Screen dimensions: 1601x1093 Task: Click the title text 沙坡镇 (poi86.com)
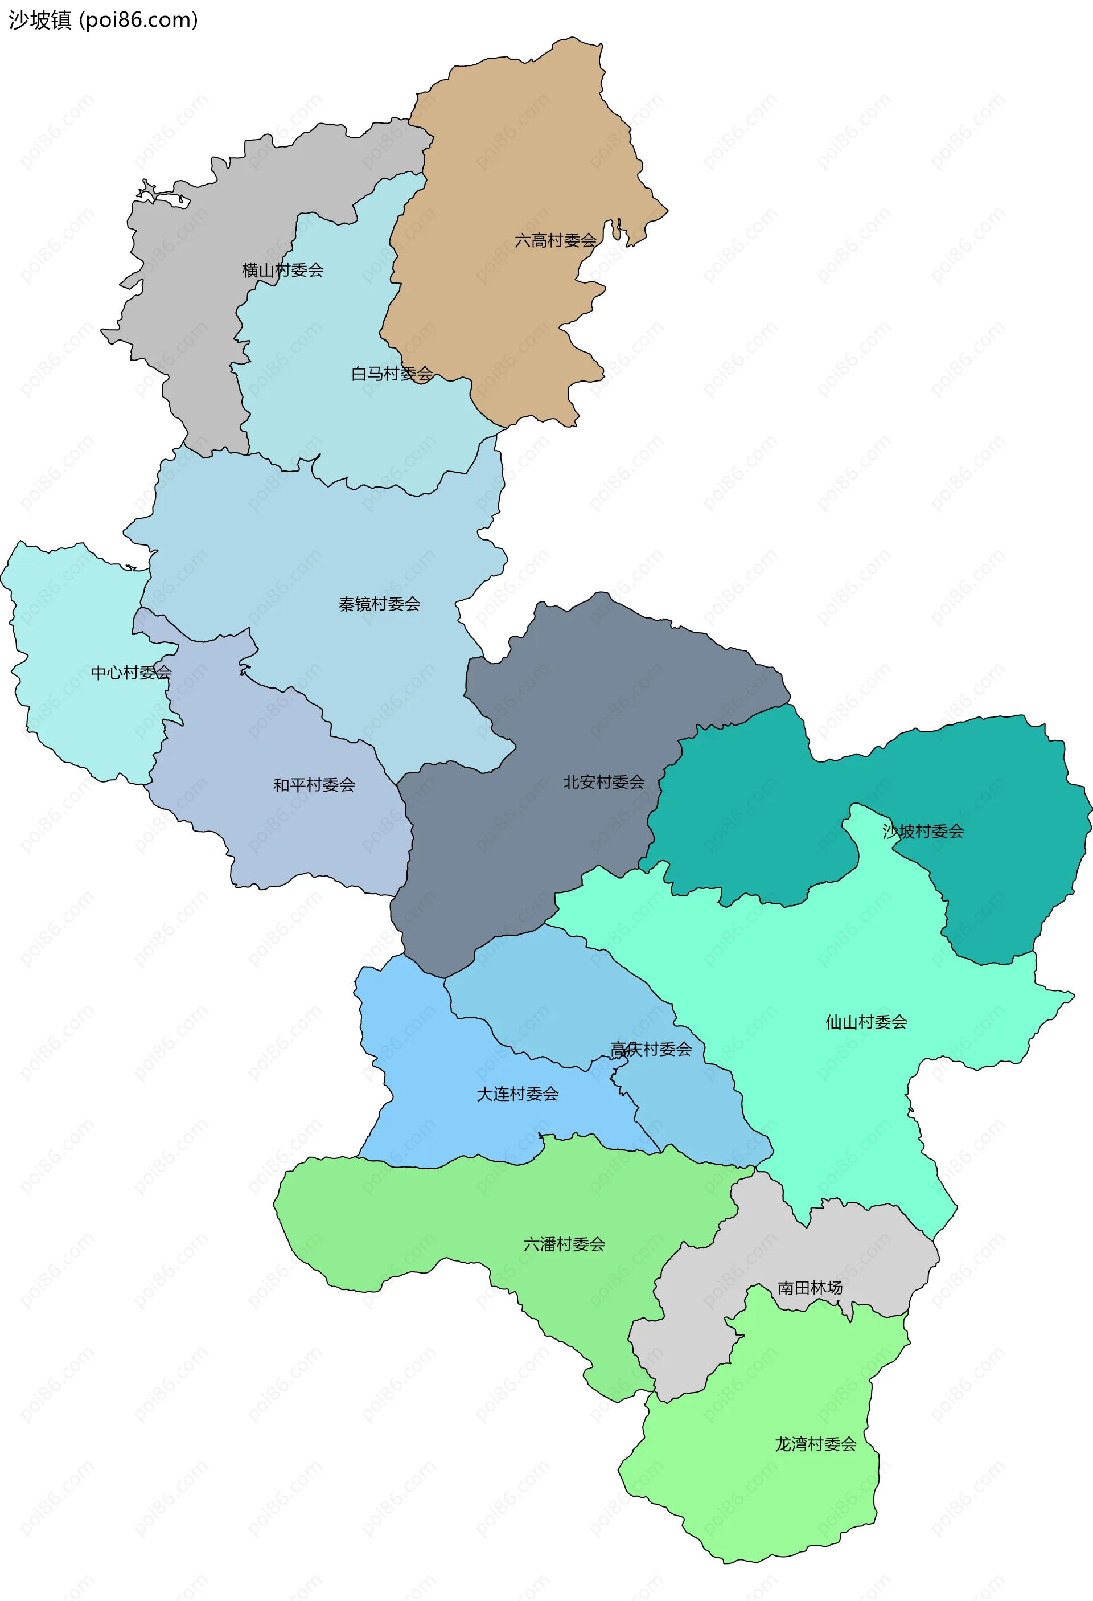[103, 20]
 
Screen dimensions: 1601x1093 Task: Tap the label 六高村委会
[555, 240]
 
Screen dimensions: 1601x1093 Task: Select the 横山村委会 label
[282, 270]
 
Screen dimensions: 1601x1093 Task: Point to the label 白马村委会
[391, 374]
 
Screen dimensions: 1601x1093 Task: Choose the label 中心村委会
[131, 673]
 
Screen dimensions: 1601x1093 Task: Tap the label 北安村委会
[603, 782]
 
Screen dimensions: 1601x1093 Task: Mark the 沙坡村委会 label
[923, 832]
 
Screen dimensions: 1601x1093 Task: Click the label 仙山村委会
[866, 1022]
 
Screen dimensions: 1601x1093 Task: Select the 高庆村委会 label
[650, 1049]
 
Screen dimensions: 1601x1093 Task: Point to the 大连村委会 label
[517, 1094]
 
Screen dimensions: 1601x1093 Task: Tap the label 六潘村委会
[564, 1244]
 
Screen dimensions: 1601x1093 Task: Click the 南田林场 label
[810, 1288]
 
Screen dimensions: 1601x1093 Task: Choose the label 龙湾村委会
[815, 1444]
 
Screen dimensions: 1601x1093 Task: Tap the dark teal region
[999, 792]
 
